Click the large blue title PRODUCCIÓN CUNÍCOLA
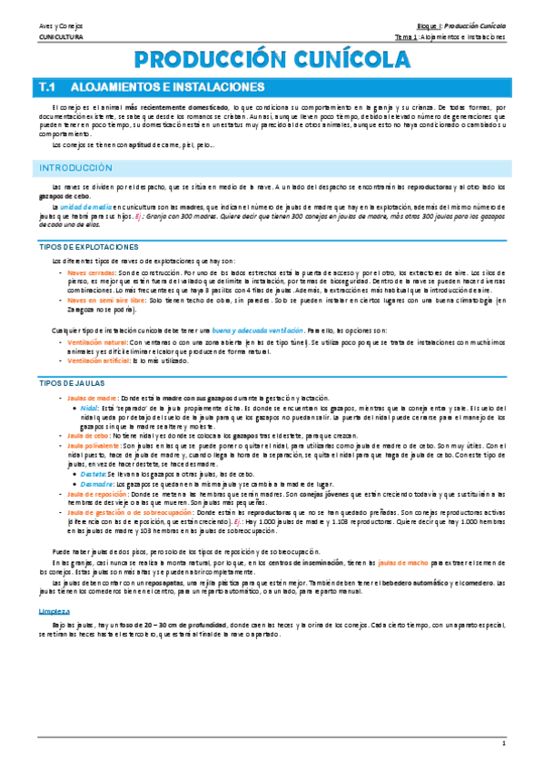(x=271, y=61)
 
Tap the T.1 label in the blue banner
(x=48, y=87)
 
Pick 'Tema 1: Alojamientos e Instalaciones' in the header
(x=450, y=38)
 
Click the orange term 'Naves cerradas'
(x=91, y=272)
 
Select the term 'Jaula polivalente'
(x=94, y=445)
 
